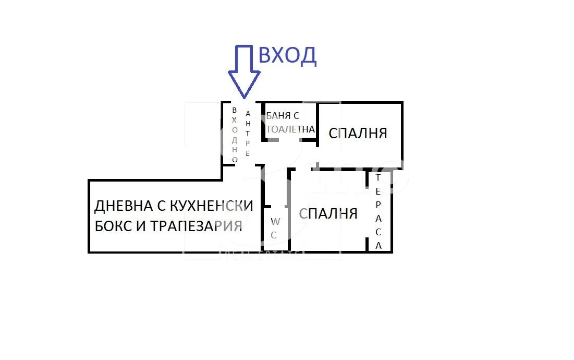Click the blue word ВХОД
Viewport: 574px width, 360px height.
pyautogui.click(x=287, y=55)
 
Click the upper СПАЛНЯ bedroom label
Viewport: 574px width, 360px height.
pyautogui.click(x=358, y=133)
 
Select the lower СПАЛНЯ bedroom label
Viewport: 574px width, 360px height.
pyautogui.click(x=328, y=213)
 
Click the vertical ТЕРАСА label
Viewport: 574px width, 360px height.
pyautogui.click(x=378, y=211)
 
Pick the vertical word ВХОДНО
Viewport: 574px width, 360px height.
pyautogui.click(x=235, y=135)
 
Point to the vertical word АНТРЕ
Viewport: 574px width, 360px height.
pyautogui.click(x=248, y=134)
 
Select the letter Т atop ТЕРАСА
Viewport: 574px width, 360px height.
pyautogui.click(x=378, y=177)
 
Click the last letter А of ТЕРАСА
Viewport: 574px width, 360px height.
pyautogui.click(x=378, y=245)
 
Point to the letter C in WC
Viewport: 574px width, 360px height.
pyautogui.click(x=274, y=235)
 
